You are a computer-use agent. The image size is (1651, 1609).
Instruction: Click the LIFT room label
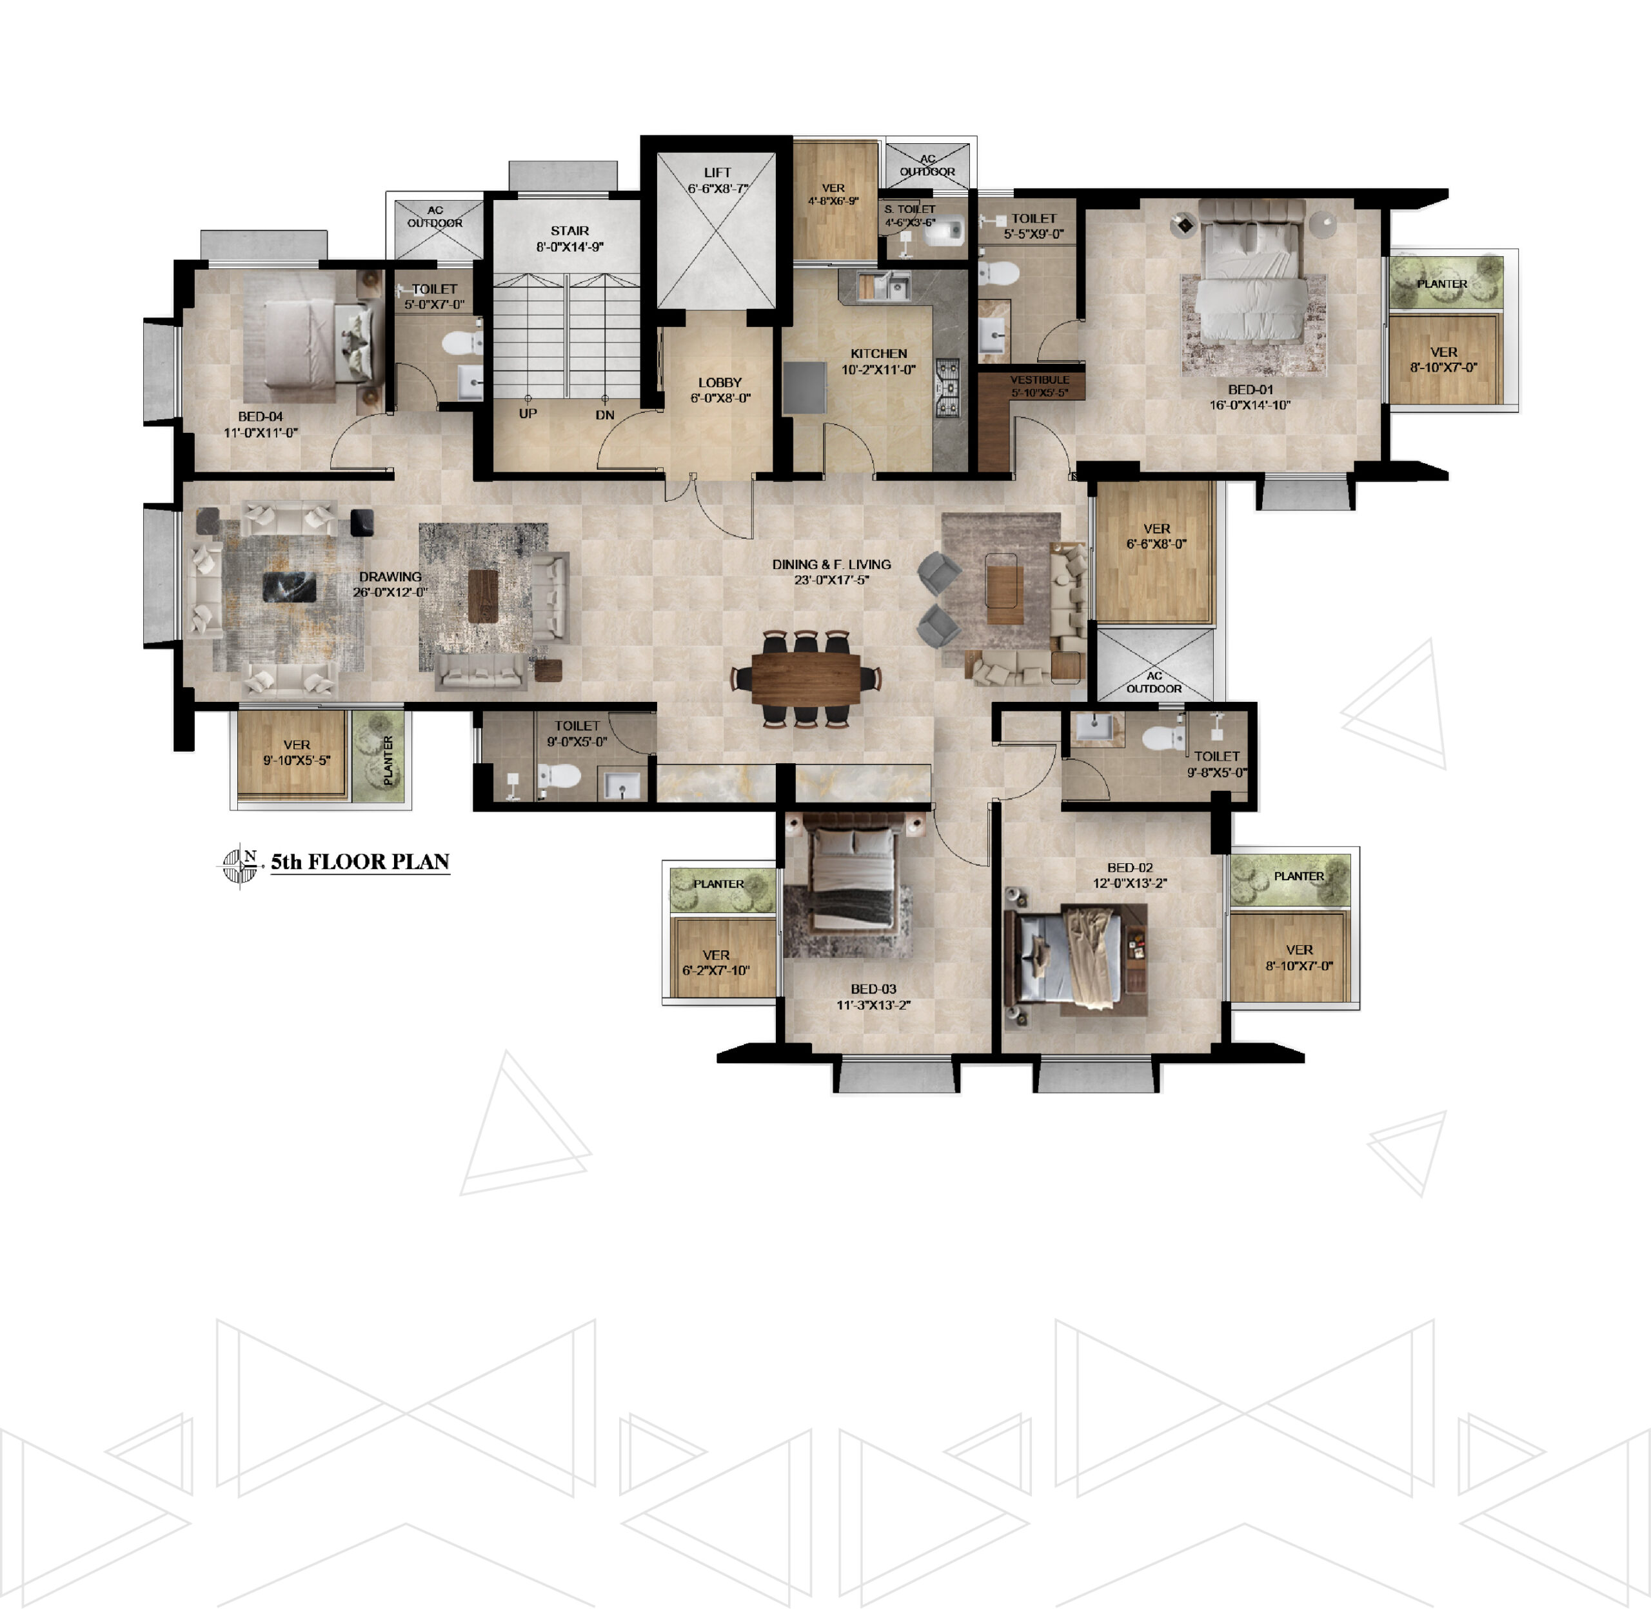point(717,172)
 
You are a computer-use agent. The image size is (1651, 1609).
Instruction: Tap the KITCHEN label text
point(879,354)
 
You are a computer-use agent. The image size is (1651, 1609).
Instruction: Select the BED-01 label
point(1250,390)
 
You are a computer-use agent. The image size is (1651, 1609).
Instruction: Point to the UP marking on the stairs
point(528,414)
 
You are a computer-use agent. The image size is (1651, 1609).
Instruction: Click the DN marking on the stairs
point(605,415)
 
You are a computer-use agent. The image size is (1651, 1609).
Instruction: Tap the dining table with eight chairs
point(806,678)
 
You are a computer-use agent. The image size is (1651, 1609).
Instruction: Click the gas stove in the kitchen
point(948,388)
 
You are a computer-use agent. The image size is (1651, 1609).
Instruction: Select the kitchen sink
point(884,286)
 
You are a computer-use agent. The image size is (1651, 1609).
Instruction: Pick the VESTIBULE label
point(1040,379)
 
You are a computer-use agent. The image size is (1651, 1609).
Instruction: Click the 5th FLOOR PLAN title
point(360,862)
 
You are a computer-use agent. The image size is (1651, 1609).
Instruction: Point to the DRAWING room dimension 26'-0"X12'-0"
point(390,592)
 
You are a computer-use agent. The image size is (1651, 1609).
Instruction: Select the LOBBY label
point(720,382)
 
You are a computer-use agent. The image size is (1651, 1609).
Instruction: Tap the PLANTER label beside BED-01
point(1442,283)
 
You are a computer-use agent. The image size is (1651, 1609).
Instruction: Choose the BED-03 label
point(874,989)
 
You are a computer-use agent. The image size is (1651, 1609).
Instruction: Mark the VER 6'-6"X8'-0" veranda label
point(1157,535)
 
